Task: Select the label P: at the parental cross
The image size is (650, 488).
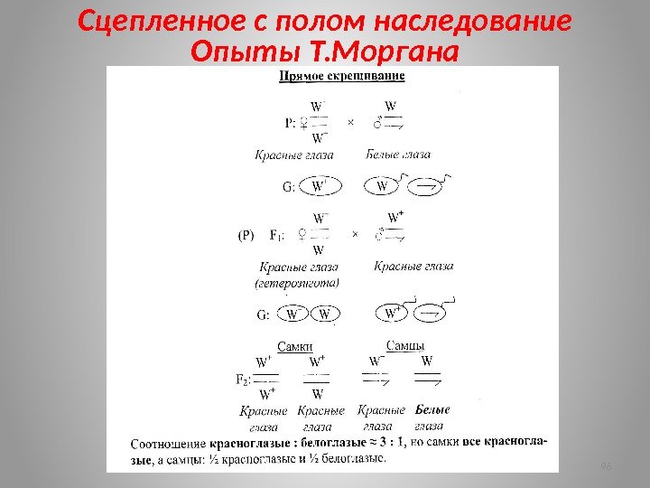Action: [291, 121]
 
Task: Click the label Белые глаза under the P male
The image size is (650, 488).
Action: [398, 155]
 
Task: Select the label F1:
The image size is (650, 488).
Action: [280, 235]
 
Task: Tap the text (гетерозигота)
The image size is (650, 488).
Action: [297, 283]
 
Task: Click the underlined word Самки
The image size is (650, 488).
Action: [295, 344]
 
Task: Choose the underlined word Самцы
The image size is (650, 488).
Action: [405, 344]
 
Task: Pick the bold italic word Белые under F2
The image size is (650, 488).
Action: [433, 409]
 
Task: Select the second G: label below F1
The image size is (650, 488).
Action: [264, 314]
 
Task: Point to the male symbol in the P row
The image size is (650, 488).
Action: [378, 120]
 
